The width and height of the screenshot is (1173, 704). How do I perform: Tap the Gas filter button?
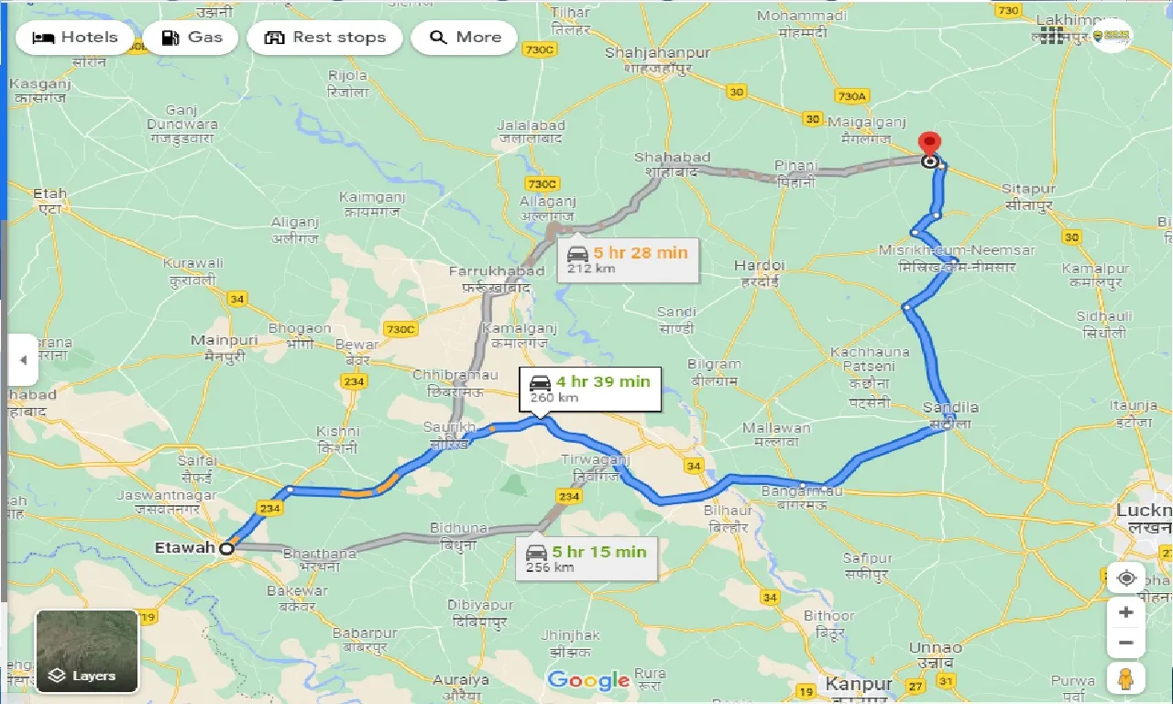[191, 38]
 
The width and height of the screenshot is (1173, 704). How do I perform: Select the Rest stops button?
[323, 38]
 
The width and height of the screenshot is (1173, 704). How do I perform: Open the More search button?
[464, 38]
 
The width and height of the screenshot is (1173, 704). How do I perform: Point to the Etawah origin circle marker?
[226, 548]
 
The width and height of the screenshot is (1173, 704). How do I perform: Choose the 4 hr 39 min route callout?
[589, 389]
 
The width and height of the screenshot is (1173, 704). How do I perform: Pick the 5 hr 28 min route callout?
[626, 259]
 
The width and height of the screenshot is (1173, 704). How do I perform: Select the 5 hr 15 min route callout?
[586, 558]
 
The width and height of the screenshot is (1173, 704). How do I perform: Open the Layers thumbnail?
[87, 651]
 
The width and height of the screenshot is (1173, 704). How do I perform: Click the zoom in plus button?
[1126, 612]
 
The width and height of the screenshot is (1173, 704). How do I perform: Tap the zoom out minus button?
[1126, 643]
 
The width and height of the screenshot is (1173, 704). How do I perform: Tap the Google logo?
[587, 680]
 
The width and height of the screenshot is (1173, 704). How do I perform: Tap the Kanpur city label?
[859, 684]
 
